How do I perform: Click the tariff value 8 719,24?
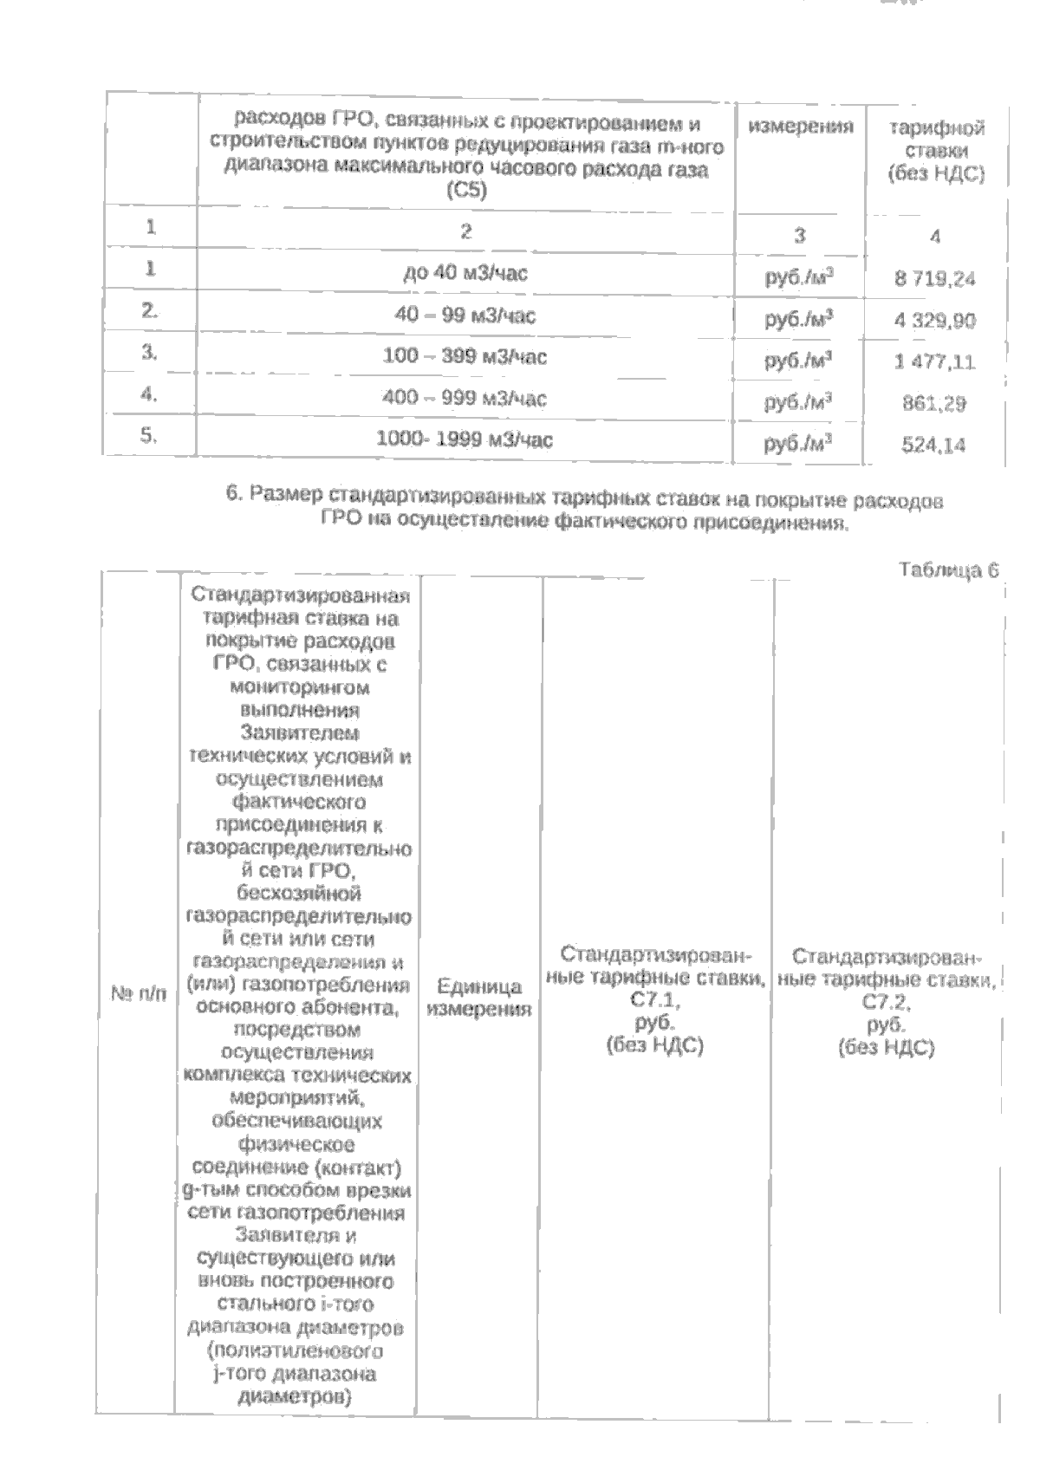[x=934, y=279]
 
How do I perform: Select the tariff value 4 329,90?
[x=934, y=321]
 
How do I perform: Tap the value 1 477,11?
[x=934, y=362]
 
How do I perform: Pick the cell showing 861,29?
[x=934, y=404]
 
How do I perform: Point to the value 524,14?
[x=934, y=446]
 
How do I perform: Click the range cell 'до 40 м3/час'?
[x=465, y=274]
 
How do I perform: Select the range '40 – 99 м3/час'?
[x=465, y=315]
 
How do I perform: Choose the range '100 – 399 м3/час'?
[x=465, y=357]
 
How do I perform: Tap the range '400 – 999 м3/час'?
[x=465, y=399]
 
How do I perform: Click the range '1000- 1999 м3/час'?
[x=465, y=440]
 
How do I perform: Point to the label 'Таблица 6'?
[x=949, y=569]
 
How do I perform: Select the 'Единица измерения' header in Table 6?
[x=478, y=998]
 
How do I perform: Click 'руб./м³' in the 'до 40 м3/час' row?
[x=798, y=278]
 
